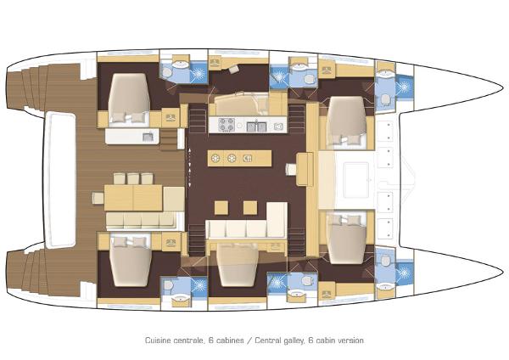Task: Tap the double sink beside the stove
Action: (x=258, y=127)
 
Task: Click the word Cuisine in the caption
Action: (x=159, y=340)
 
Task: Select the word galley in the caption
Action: (x=288, y=340)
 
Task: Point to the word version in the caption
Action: (x=350, y=340)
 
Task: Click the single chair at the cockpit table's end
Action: (x=98, y=198)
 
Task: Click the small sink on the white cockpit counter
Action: (x=147, y=136)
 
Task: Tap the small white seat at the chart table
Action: (x=291, y=168)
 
